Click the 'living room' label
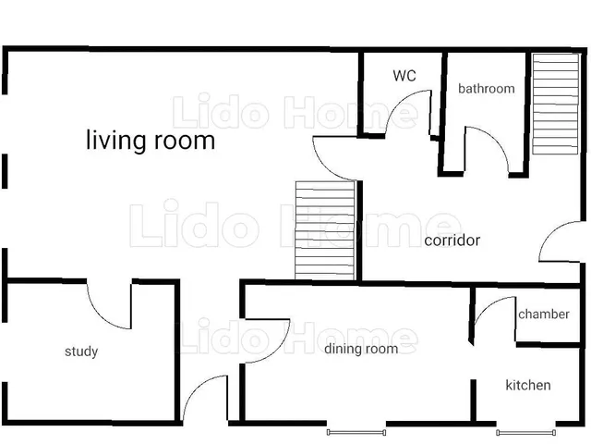tap(151, 141)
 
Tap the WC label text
tap(404, 76)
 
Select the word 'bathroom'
tap(487, 89)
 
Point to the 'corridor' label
tap(452, 240)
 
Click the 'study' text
tap(81, 351)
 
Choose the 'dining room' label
tap(361, 349)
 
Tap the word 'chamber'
tap(544, 314)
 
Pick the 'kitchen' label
tap(528, 385)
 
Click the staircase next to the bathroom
tap(555, 104)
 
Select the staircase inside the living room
tap(325, 230)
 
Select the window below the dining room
tap(356, 432)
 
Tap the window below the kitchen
tap(525, 433)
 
